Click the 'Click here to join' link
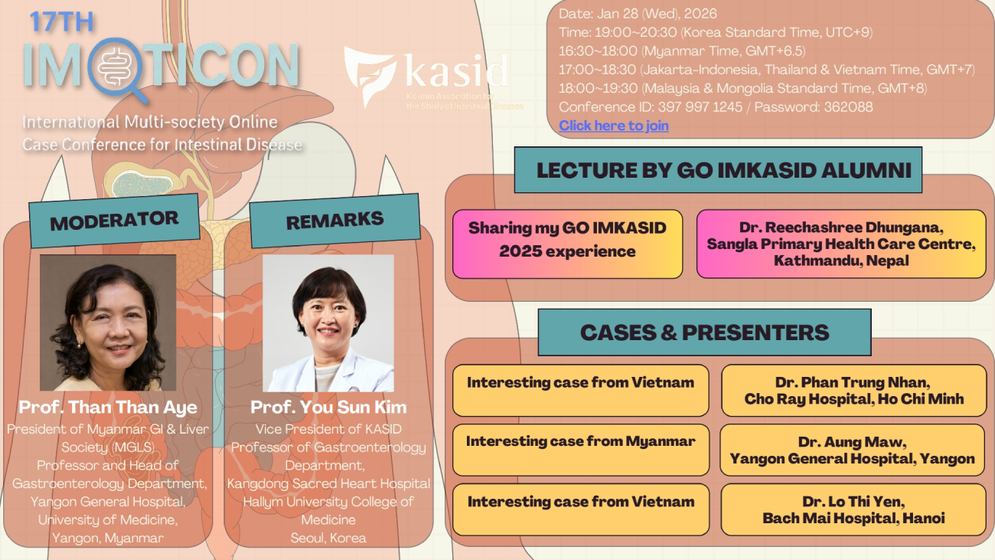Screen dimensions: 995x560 click(613, 126)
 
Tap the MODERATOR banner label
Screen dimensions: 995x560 click(114, 221)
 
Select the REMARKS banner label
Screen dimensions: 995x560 click(335, 221)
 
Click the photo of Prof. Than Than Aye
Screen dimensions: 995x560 click(108, 323)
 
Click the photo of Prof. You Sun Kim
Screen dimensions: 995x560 click(328, 323)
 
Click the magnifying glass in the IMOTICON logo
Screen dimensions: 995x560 click(117, 70)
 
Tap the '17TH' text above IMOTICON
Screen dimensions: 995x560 click(62, 22)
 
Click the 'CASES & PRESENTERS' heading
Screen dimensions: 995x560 click(704, 332)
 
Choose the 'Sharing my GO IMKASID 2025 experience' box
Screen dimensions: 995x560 click(567, 244)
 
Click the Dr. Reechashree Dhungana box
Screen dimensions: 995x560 click(841, 244)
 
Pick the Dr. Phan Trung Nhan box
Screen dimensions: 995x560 click(853, 390)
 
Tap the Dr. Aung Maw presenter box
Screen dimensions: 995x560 click(853, 450)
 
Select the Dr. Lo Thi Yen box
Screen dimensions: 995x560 click(853, 509)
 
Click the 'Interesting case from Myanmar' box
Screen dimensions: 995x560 click(581, 450)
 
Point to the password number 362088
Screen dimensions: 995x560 click(848, 107)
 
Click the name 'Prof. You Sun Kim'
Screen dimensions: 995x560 click(328, 407)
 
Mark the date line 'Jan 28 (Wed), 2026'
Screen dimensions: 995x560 click(657, 14)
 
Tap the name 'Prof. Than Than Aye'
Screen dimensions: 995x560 click(108, 407)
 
